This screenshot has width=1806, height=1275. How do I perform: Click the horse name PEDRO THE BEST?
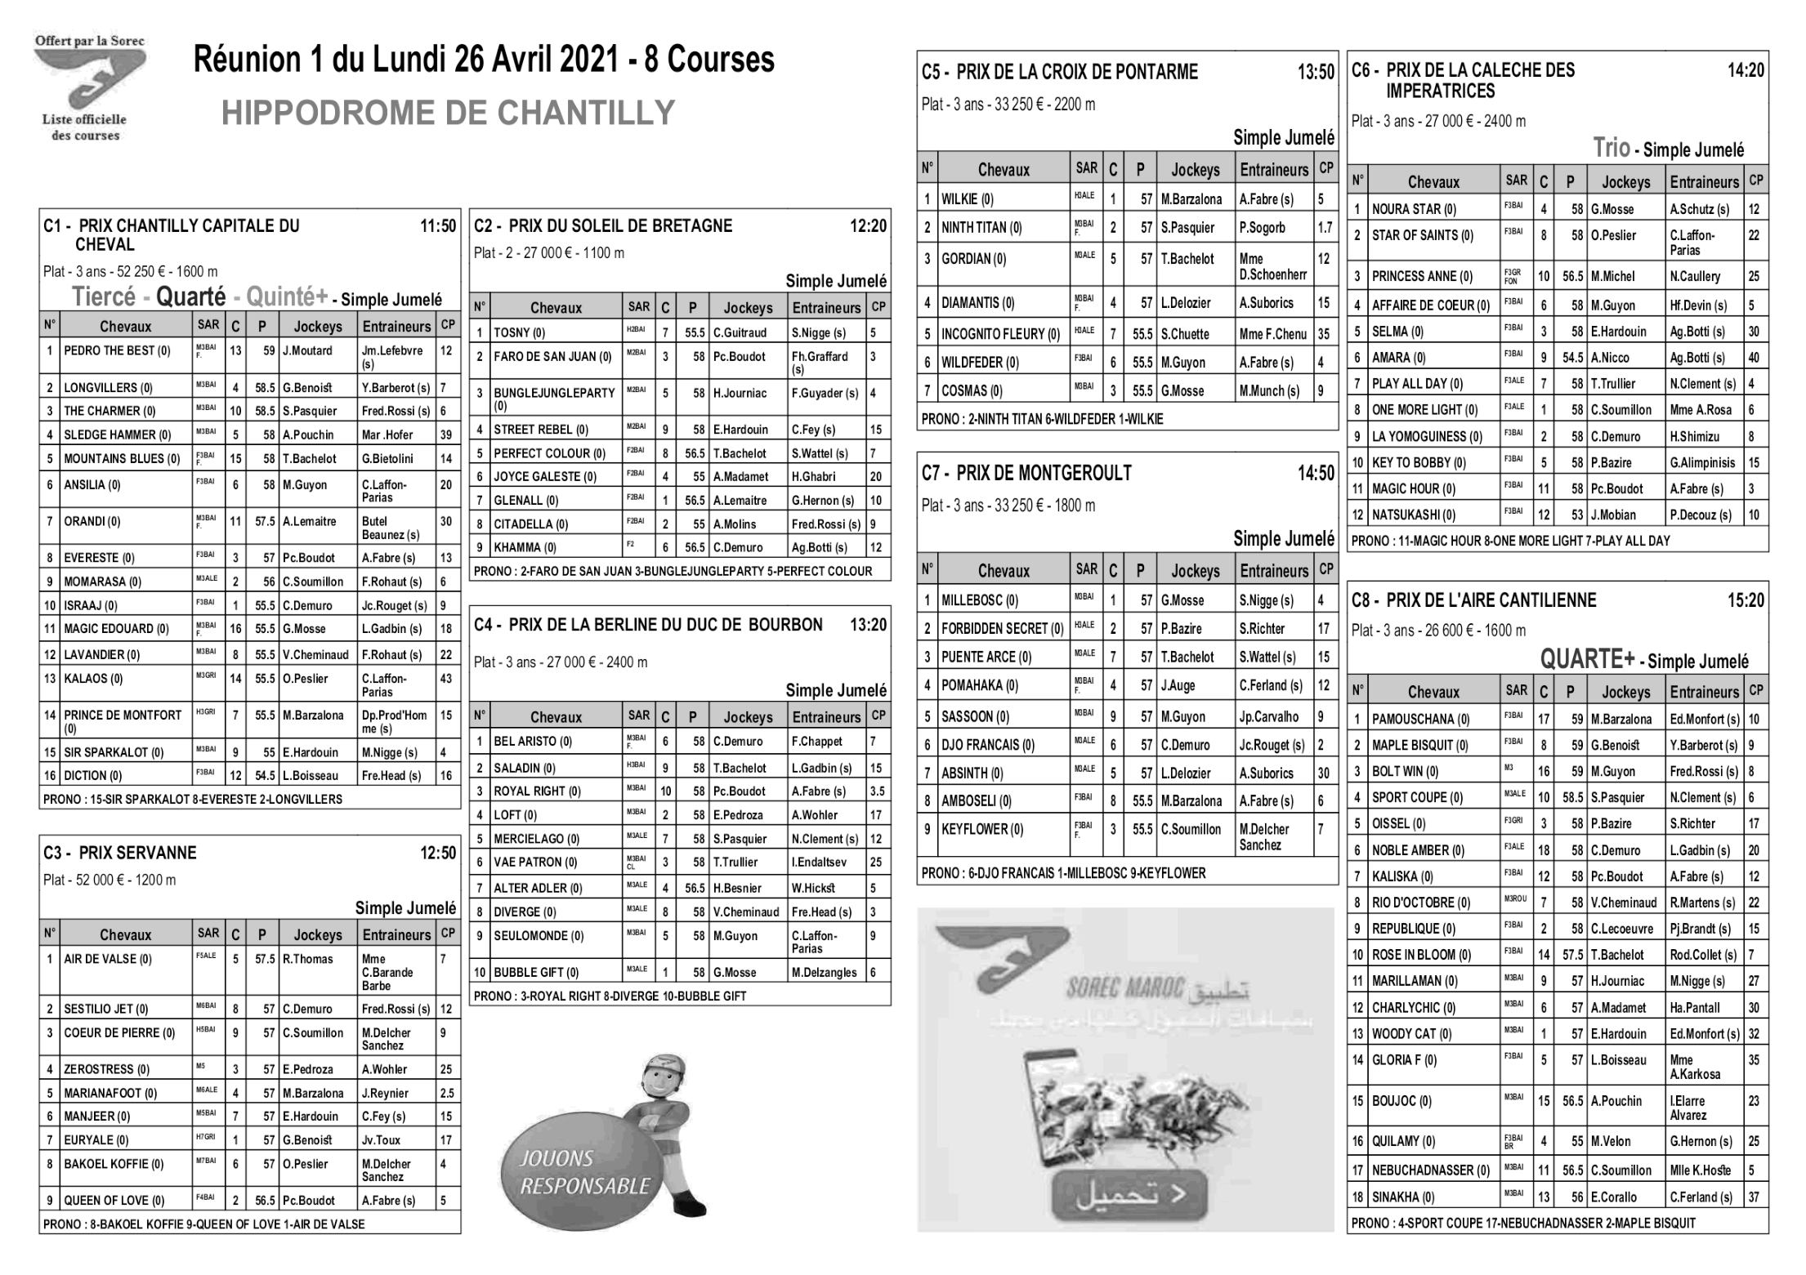point(117,351)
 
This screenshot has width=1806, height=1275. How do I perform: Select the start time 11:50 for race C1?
point(438,226)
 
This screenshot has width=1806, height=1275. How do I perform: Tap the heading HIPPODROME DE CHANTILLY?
point(448,113)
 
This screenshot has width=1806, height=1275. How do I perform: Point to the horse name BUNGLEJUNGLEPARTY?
point(554,393)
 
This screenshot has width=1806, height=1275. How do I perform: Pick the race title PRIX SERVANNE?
point(137,853)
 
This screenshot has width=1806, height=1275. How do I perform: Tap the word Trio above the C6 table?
point(1610,149)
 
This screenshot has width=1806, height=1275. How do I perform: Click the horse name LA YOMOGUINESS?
point(1426,436)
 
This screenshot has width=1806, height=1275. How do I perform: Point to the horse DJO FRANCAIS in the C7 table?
point(987,745)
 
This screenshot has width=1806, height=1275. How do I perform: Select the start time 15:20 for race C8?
point(1746,601)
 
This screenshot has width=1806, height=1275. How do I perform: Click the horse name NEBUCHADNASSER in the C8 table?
point(1430,1170)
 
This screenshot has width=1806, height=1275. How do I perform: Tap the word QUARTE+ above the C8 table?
point(1587,659)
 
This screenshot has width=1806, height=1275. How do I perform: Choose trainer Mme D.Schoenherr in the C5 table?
point(1272,266)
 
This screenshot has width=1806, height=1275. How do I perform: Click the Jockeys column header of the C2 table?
point(747,308)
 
